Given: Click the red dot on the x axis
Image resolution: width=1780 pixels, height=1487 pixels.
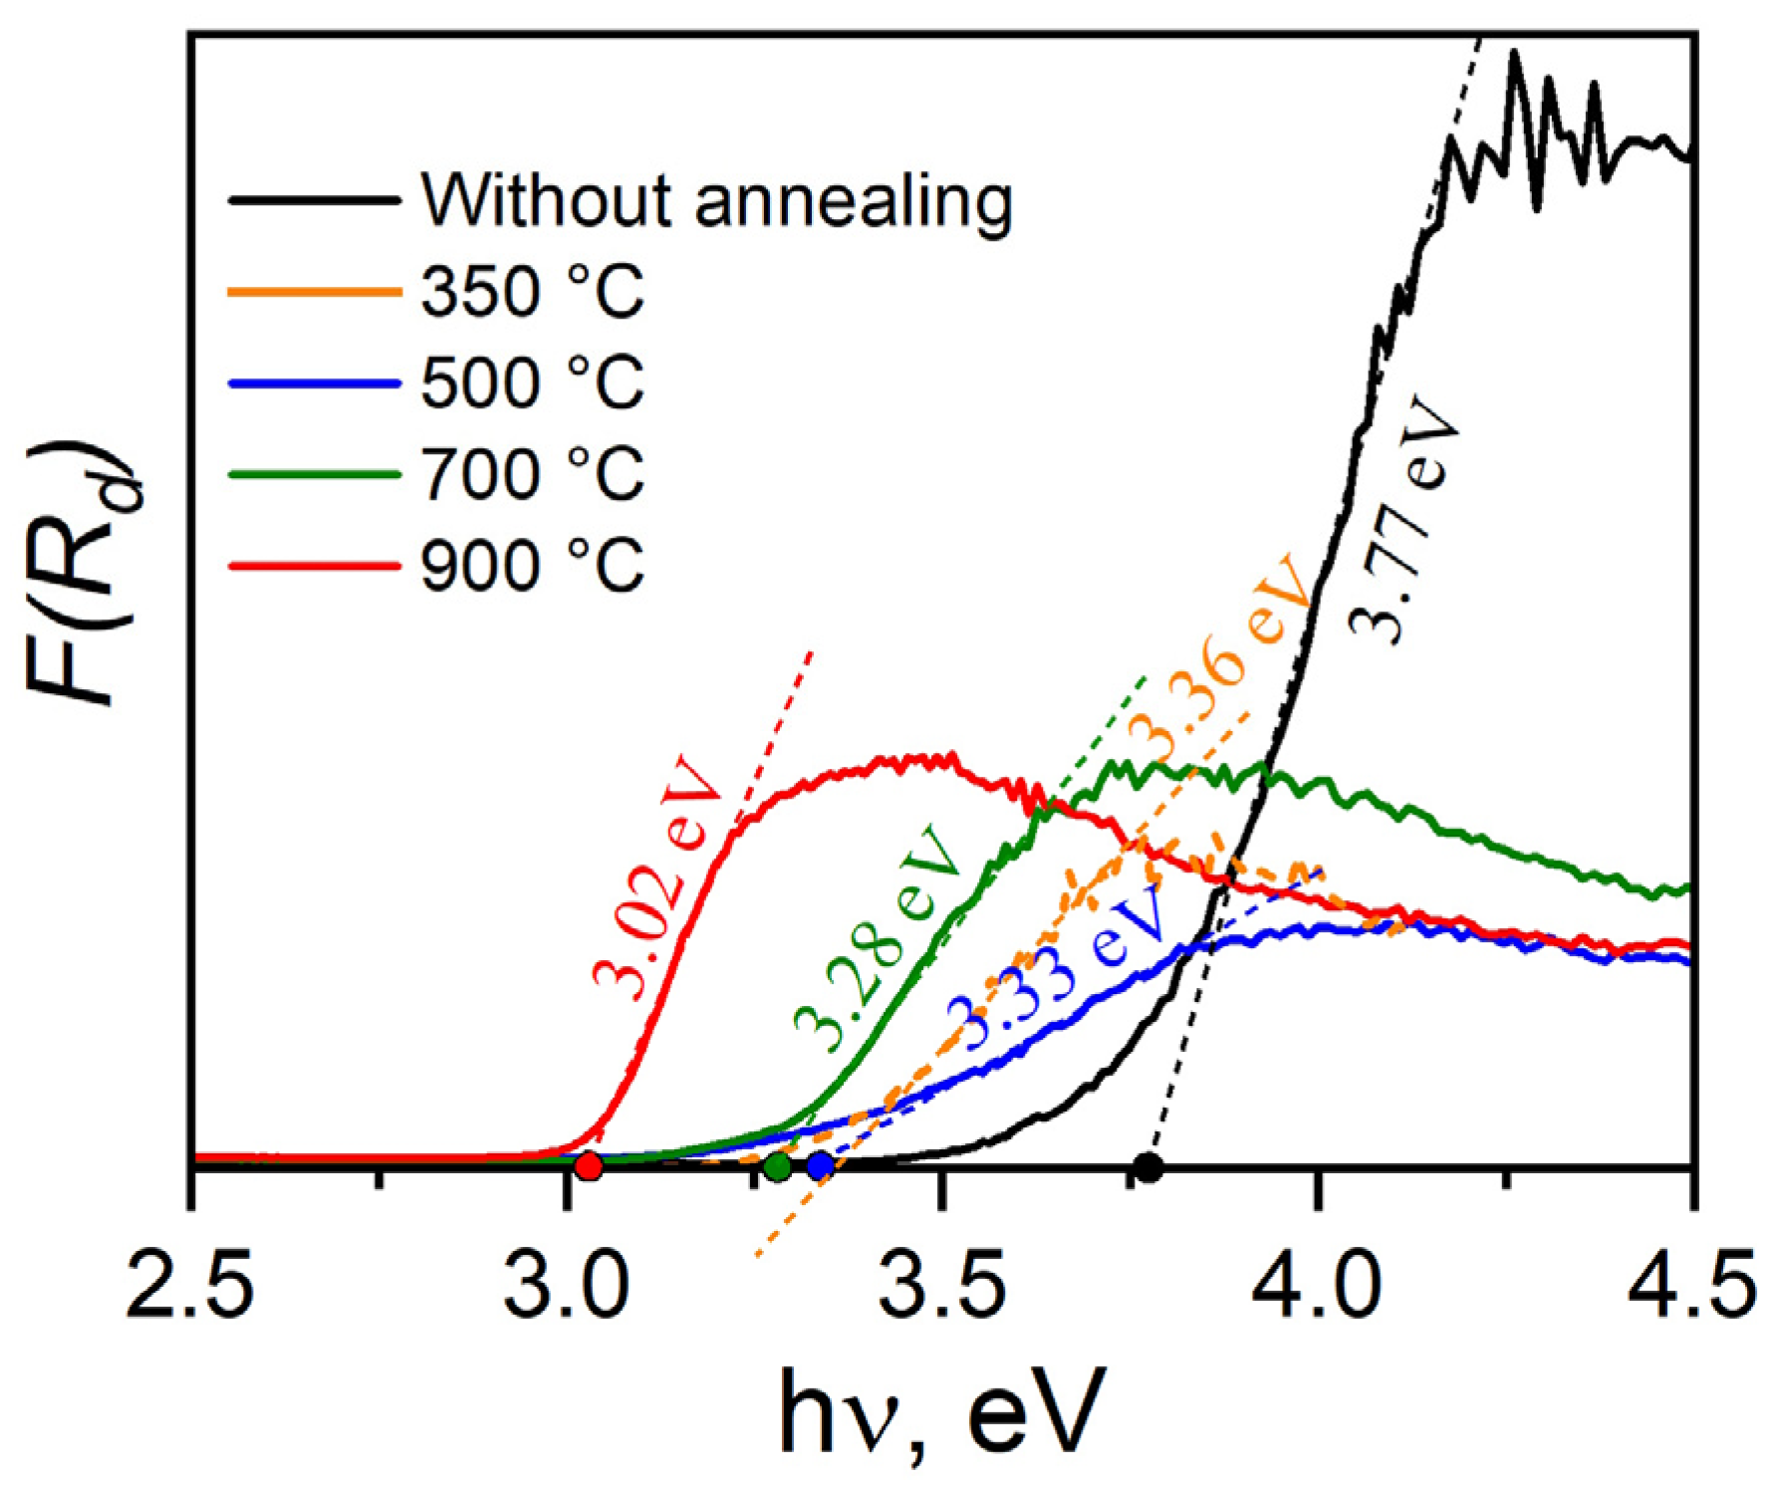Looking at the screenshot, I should coord(589,1165).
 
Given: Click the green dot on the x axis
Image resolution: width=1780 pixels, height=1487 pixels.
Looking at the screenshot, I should coord(778,1166).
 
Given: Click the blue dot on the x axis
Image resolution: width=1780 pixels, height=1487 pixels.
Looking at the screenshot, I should coord(820,1165).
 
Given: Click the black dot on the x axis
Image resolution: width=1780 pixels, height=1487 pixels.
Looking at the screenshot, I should coord(1148,1166).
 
